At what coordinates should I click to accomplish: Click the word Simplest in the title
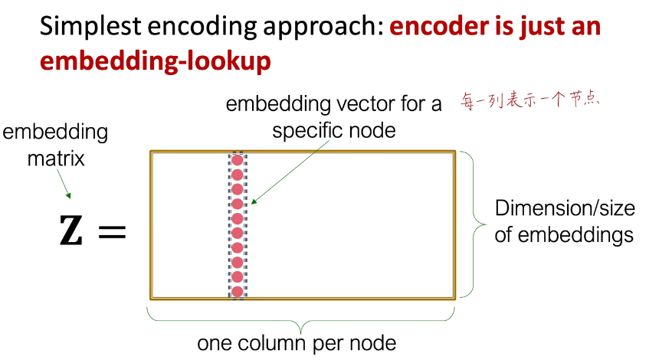pos(90,27)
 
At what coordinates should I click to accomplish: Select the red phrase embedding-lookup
pos(156,61)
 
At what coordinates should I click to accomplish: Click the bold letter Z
pos(70,230)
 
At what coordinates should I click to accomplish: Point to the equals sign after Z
pos(112,231)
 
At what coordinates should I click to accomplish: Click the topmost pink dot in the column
pos(238,160)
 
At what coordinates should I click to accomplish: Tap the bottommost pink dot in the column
pos(238,292)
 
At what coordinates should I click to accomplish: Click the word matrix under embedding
pos(56,159)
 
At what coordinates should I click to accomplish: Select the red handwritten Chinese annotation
pos(530,100)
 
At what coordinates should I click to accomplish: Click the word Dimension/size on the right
pos(565,208)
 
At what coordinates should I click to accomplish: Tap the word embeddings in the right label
pos(575,235)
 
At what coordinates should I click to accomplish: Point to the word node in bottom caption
pos(373,343)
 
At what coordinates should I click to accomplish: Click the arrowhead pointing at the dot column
pos(254,201)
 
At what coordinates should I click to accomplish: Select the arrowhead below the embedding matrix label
pos(68,195)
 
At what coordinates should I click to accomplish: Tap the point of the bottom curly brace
pos(301,332)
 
